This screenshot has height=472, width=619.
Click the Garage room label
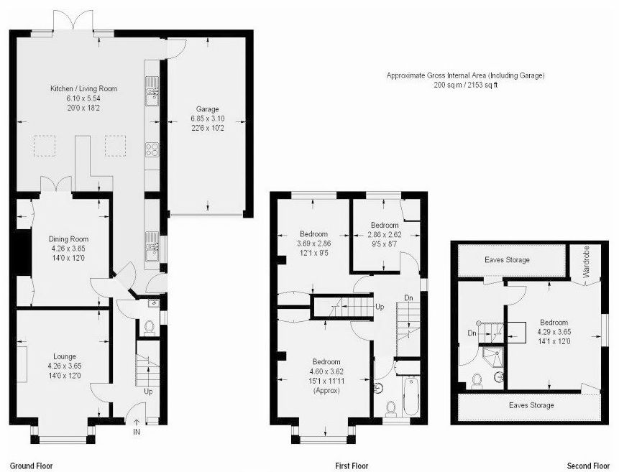coord(208,109)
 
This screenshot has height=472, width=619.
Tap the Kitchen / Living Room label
coord(83,88)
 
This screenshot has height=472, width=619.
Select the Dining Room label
coord(69,239)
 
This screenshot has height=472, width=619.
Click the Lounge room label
coord(65,356)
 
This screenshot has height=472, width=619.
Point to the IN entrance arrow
coord(137,422)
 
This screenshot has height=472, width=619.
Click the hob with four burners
coord(152,149)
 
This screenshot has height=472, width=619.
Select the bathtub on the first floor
coord(411,396)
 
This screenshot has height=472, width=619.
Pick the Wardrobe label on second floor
coord(586,262)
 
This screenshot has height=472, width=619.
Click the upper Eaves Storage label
coord(508,259)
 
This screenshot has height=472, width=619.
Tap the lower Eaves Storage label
coord(531,405)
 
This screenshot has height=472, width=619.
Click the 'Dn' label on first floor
coord(408,298)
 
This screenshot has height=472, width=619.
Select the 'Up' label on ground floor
coord(148,392)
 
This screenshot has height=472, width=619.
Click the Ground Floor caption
coord(31,466)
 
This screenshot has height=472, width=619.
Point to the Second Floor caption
coord(588,466)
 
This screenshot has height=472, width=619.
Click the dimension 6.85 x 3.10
coord(208,119)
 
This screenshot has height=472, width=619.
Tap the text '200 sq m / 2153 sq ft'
coord(466,85)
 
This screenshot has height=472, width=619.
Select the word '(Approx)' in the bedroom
coord(326,391)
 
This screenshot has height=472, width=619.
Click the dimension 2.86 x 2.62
coord(385,234)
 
